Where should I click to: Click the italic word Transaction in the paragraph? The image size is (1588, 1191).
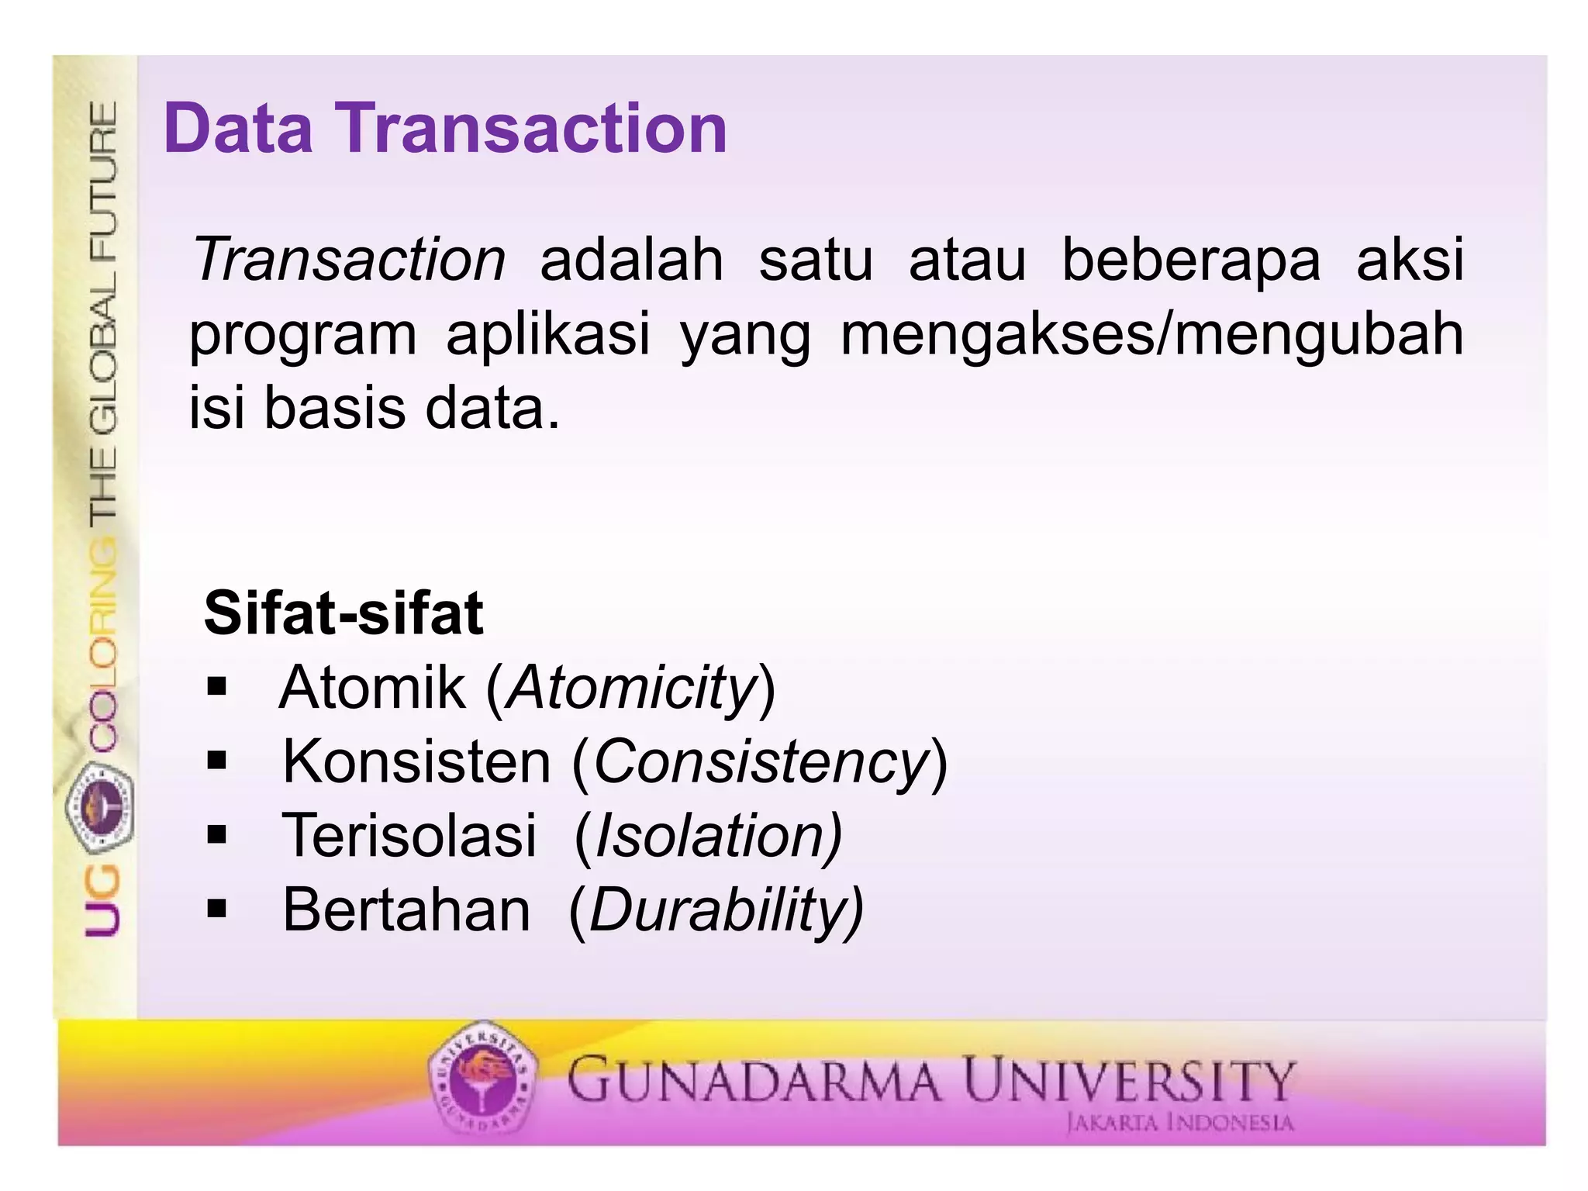(349, 260)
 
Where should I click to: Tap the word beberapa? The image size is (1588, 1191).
(1191, 260)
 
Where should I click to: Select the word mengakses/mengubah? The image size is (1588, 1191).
(1152, 335)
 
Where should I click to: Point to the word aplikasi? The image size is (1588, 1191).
(547, 335)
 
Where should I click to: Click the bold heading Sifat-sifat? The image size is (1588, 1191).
(343, 613)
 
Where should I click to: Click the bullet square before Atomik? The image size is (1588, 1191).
(216, 687)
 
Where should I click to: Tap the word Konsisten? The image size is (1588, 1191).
(416, 762)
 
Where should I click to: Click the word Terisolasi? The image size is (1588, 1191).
(409, 836)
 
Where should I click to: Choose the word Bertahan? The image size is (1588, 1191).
(406, 910)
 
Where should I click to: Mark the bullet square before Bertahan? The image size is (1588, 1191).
(216, 909)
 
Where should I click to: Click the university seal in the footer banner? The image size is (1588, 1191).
(482, 1079)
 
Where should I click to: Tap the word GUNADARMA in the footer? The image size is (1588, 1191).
(753, 1080)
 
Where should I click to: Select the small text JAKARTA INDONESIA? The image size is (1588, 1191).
(1179, 1123)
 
